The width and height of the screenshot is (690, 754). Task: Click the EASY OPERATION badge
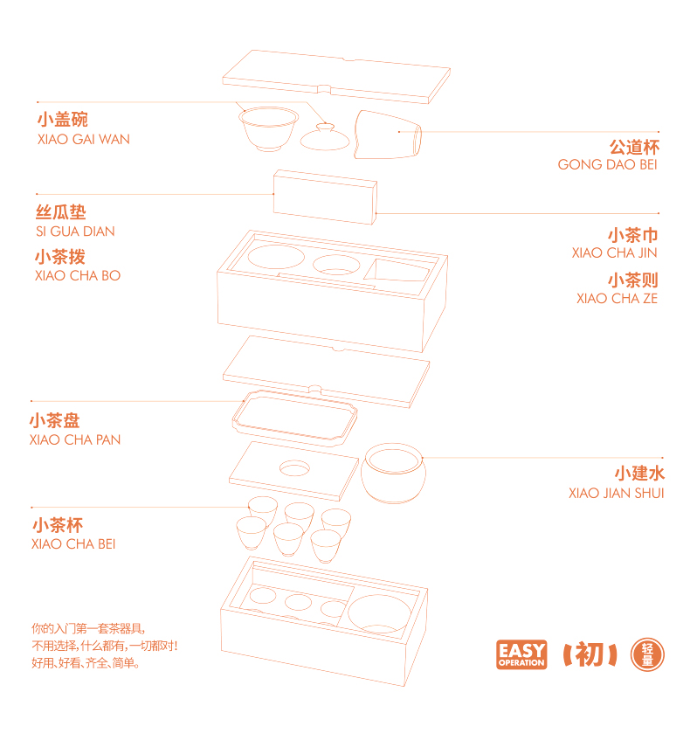click(x=521, y=654)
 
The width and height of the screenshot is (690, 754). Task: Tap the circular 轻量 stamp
click(x=647, y=654)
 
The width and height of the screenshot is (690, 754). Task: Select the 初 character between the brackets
click(x=590, y=654)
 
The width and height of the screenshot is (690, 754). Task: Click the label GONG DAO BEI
click(x=607, y=164)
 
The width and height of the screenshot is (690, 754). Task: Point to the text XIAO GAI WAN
click(x=84, y=140)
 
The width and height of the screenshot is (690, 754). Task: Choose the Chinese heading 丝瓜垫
click(x=60, y=212)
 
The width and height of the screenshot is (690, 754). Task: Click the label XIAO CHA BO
click(x=78, y=275)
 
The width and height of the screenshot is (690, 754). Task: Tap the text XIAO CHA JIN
click(x=614, y=253)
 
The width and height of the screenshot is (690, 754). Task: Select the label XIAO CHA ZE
click(x=617, y=299)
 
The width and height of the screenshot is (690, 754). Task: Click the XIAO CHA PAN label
click(x=75, y=439)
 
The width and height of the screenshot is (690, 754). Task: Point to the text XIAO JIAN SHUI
click(x=616, y=493)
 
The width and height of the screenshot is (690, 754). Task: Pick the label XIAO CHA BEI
click(x=73, y=543)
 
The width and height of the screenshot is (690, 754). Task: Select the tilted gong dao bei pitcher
click(x=388, y=135)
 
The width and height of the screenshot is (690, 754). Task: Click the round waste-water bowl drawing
click(x=393, y=474)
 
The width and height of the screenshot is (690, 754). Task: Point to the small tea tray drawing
click(x=294, y=418)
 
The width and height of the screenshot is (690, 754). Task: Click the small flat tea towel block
click(x=325, y=197)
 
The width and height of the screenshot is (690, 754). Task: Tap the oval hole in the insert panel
click(x=294, y=468)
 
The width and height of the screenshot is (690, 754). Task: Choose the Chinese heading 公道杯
click(x=634, y=147)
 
